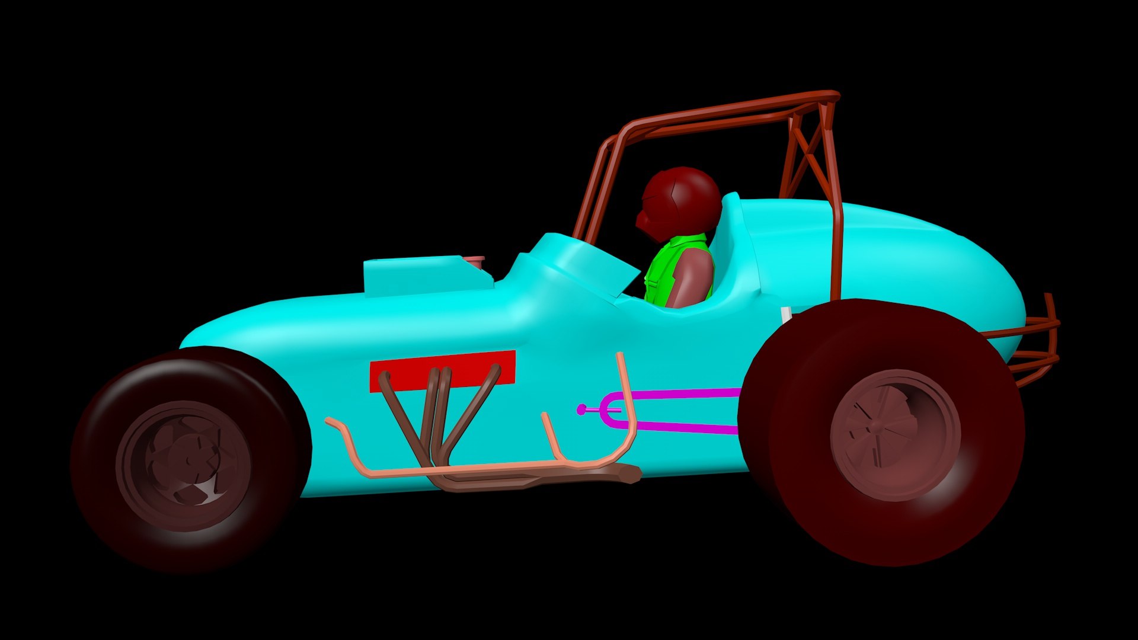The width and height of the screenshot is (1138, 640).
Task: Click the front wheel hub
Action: [x=184, y=462]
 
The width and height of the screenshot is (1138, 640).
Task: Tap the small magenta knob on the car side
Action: [x=582, y=409]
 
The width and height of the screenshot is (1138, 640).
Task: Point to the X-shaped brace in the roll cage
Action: [x=809, y=154]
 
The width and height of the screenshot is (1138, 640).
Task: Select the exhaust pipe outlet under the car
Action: [x=628, y=474]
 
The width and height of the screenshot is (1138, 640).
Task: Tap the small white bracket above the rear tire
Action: [x=787, y=314]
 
